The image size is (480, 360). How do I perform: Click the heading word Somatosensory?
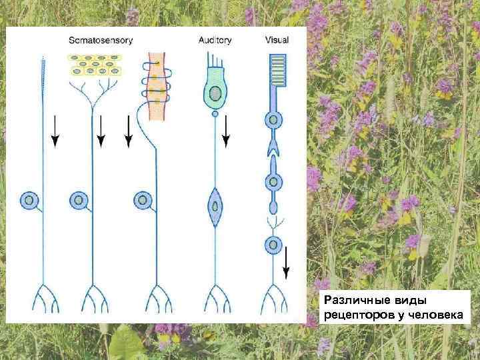pyautogui.click(x=101, y=40)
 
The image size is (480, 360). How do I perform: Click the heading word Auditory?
pyautogui.click(x=215, y=40)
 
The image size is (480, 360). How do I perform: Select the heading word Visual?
pyautogui.click(x=277, y=40)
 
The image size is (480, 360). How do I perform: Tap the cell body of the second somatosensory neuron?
pyautogui.click(x=78, y=199)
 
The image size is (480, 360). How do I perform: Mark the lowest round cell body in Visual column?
pyautogui.click(x=273, y=245)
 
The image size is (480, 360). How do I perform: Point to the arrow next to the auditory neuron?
pyautogui.click(x=226, y=131)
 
